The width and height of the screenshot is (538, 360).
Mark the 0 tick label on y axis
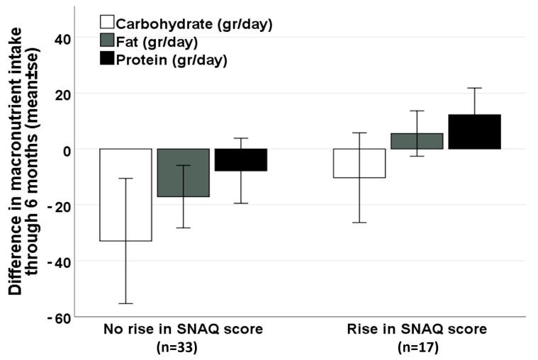(x=62, y=150)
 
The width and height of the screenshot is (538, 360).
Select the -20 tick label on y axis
(x=55, y=206)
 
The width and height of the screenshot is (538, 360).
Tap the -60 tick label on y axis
(x=55, y=317)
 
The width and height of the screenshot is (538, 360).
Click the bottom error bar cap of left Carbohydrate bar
(x=125, y=303)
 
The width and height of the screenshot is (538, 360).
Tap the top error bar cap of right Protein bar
(x=474, y=88)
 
